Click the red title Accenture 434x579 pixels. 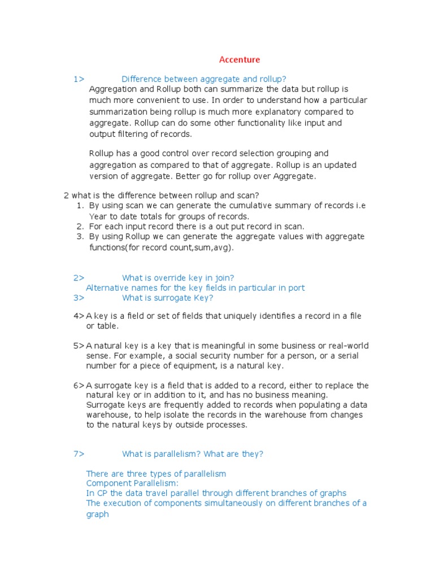[x=240, y=59]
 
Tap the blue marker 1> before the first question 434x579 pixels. [x=79, y=79]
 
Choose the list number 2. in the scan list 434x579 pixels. [x=80, y=226]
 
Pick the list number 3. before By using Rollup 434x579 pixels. [x=80, y=237]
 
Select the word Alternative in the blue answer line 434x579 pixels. [x=107, y=288]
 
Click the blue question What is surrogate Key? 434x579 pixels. [x=168, y=298]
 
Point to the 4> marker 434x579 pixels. [x=79, y=316]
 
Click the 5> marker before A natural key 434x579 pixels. [x=79, y=345]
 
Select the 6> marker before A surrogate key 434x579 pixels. [x=79, y=386]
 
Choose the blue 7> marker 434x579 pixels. [x=79, y=453]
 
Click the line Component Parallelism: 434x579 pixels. [x=132, y=483]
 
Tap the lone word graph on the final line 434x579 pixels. [x=97, y=515]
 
